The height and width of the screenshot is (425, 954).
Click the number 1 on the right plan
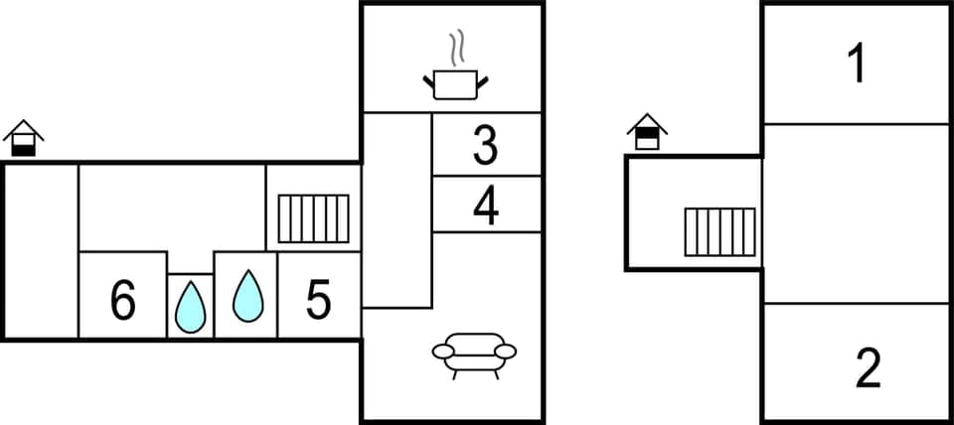(x=856, y=65)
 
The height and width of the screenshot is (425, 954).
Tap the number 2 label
(x=868, y=368)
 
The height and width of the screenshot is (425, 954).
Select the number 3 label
(x=485, y=145)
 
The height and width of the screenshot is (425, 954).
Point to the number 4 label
(x=486, y=207)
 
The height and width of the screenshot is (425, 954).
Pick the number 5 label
(x=318, y=301)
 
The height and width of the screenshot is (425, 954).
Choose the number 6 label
(x=122, y=301)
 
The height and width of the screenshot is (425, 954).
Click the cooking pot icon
(x=456, y=83)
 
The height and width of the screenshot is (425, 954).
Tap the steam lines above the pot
(x=456, y=48)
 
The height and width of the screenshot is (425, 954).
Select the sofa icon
(x=474, y=354)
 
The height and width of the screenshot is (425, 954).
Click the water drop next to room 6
(x=190, y=307)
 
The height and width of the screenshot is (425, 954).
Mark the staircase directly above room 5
(x=313, y=218)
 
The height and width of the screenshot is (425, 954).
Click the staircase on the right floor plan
(x=718, y=231)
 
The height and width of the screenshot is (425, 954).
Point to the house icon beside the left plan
(x=23, y=138)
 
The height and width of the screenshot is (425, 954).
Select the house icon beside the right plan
(x=647, y=131)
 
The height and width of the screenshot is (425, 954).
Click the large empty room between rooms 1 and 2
(x=856, y=212)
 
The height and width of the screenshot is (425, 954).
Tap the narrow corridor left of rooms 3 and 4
(x=396, y=209)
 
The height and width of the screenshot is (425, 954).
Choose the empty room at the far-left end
(x=41, y=250)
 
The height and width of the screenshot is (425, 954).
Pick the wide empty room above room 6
(x=171, y=208)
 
